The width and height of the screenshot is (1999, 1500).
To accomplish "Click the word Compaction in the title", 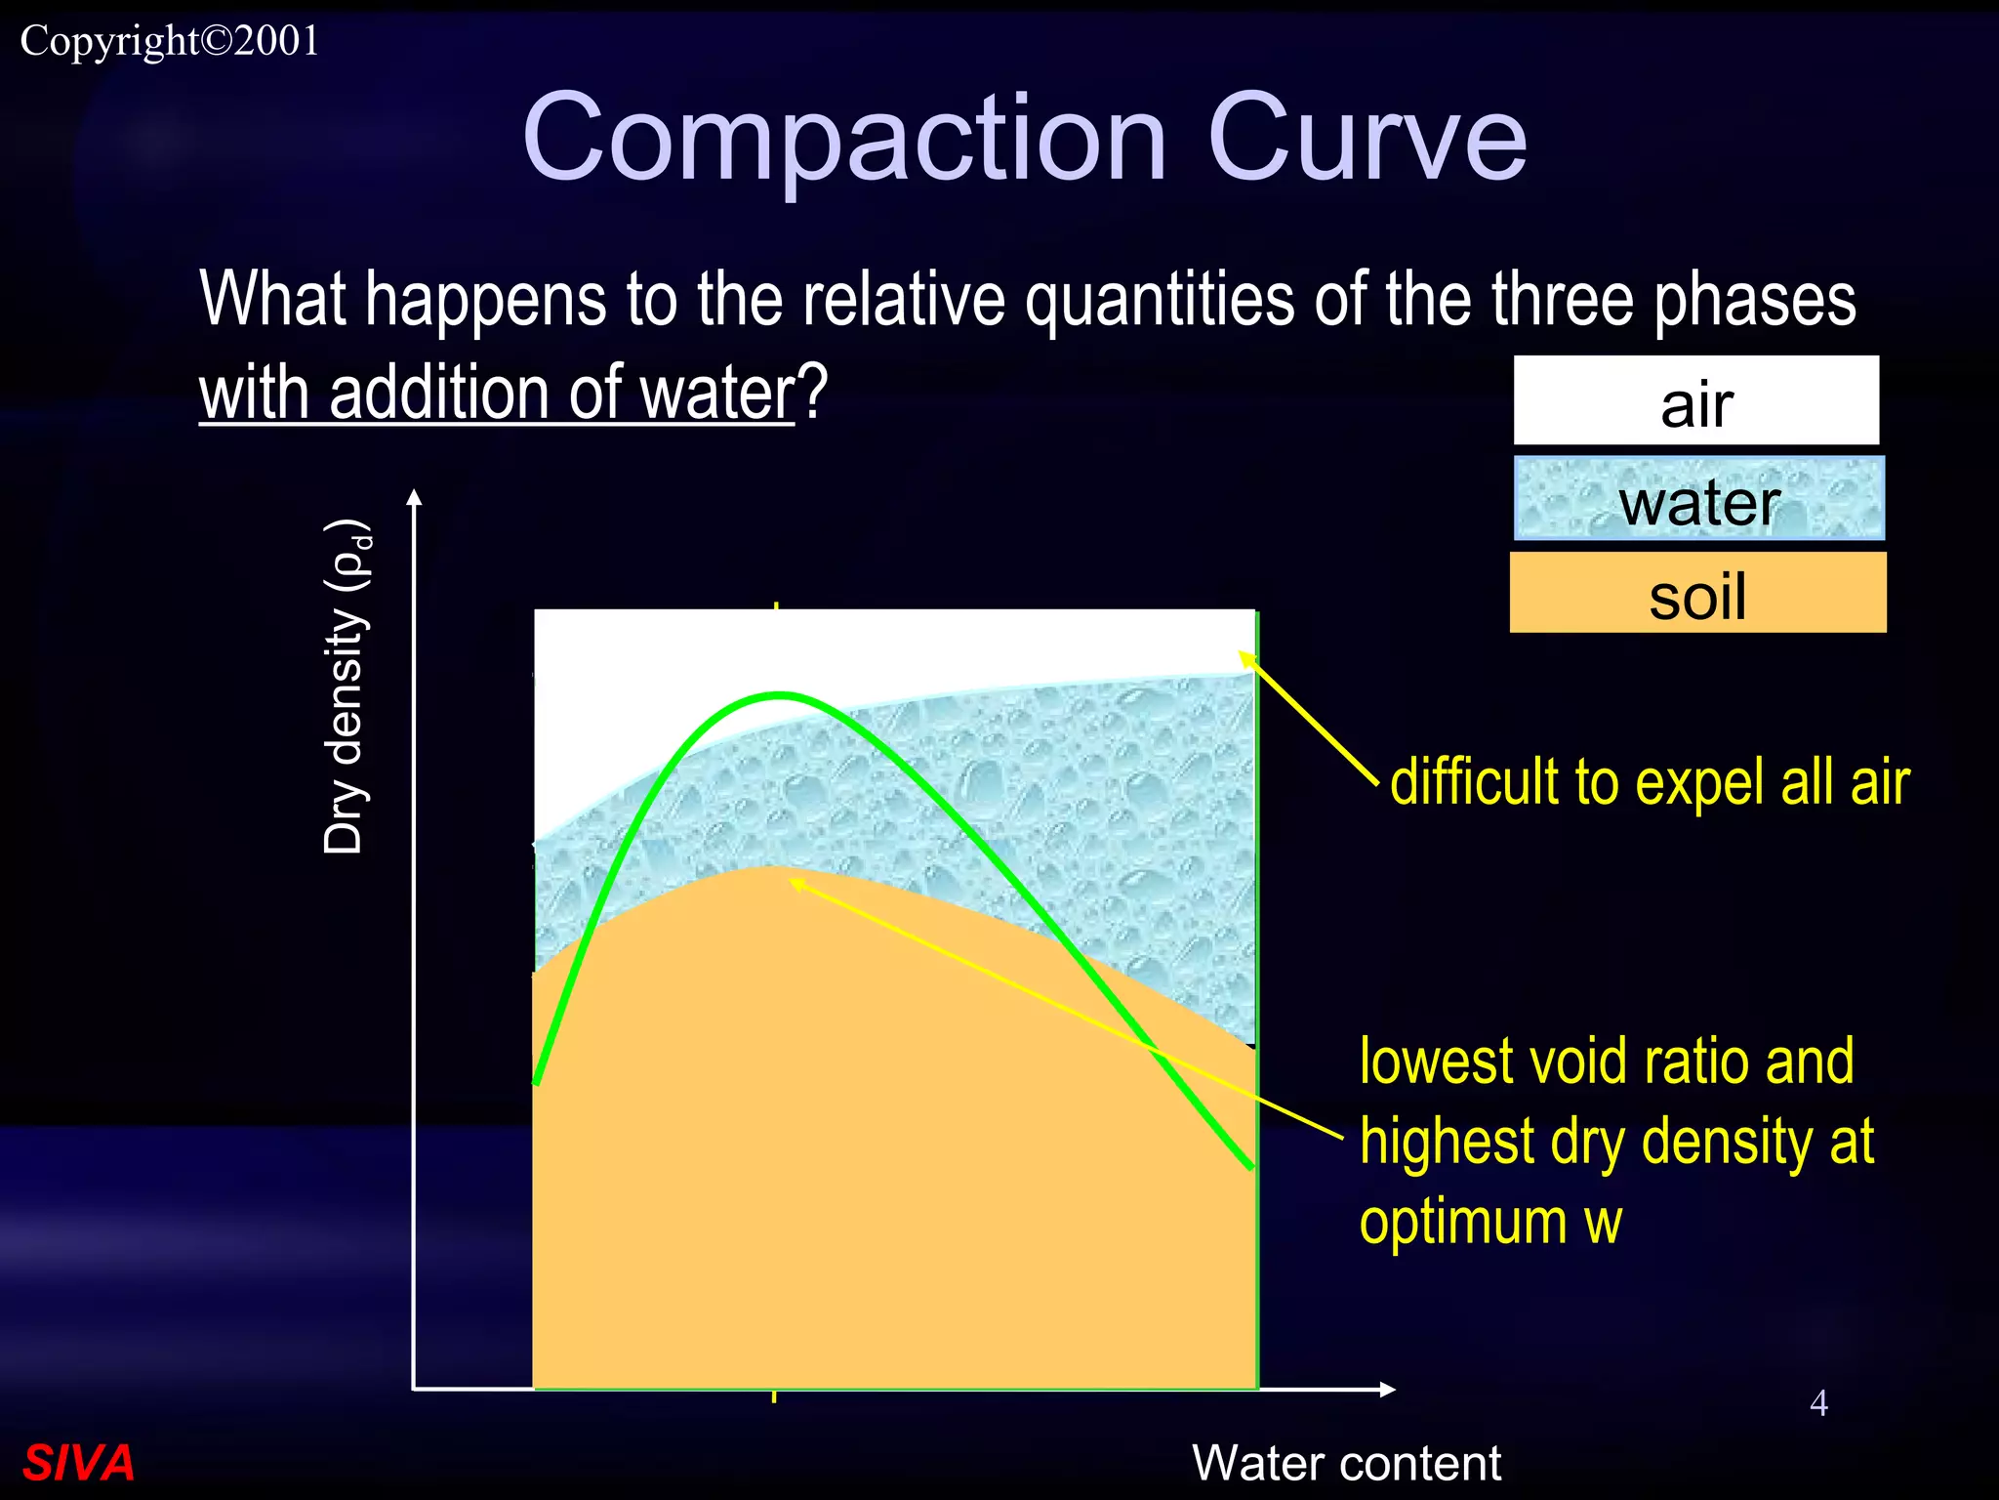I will (844, 139).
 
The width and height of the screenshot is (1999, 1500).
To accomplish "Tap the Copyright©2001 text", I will (170, 41).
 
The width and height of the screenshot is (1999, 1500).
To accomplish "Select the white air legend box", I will (1695, 400).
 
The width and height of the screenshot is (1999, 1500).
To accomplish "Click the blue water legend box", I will (1698, 499).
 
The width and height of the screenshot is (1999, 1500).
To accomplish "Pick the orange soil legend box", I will (1697, 593).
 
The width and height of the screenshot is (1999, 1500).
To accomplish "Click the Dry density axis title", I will (347, 688).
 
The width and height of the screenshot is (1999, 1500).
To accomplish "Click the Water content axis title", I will (1346, 1462).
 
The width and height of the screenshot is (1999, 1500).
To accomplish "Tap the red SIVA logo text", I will (78, 1462).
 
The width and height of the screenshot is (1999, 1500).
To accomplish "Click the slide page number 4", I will (1818, 1402).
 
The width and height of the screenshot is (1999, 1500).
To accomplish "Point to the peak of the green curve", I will (779, 694).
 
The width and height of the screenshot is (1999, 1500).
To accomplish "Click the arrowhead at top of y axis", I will (414, 497).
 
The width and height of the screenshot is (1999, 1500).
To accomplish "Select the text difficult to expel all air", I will (1649, 782).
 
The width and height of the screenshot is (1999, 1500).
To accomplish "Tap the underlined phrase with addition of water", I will (498, 393).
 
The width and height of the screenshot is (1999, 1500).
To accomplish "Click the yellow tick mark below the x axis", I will (774, 1396).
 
